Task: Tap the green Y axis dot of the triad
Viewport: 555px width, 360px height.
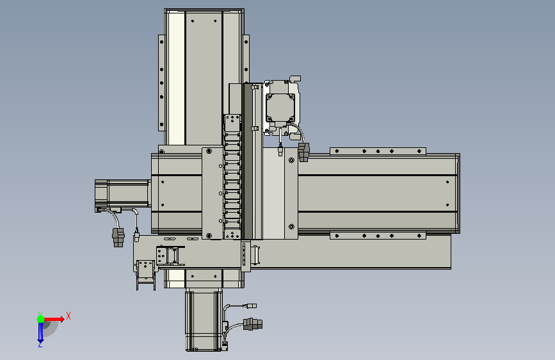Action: click(40, 319)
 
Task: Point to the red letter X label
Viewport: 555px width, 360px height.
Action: click(68, 316)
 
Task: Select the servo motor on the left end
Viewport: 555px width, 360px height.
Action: click(122, 193)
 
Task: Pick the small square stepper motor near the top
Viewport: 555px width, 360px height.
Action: click(280, 107)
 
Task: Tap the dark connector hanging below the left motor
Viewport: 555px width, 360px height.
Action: click(118, 237)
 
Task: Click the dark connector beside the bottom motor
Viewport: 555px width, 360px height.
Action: click(253, 324)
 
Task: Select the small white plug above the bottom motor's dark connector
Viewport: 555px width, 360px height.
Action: click(252, 306)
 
